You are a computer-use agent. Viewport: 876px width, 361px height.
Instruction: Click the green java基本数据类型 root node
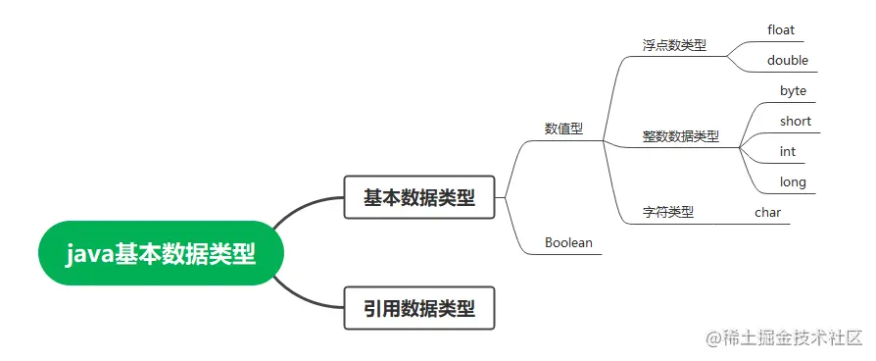[162, 253]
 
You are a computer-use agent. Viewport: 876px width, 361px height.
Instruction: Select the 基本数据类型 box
[419, 198]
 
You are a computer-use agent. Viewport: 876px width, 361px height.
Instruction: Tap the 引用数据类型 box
[419, 308]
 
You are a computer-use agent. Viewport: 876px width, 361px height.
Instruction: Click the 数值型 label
[563, 129]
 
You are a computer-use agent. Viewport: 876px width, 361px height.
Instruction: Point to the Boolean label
[568, 242]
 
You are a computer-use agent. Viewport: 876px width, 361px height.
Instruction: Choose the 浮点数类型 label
[674, 45]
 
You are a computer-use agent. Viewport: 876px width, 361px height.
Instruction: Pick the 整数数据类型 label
[680, 136]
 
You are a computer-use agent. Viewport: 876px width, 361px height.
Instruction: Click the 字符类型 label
[667, 211]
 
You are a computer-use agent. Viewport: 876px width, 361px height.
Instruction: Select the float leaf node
[781, 29]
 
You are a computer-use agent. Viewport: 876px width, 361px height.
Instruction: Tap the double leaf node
[788, 60]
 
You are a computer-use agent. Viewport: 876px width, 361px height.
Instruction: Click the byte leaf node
[793, 90]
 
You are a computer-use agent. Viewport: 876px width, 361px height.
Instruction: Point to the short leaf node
[795, 121]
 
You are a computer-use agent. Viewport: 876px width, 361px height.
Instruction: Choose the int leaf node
[787, 151]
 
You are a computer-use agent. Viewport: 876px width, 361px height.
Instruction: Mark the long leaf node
[793, 181]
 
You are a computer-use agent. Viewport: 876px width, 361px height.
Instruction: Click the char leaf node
[767, 211]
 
